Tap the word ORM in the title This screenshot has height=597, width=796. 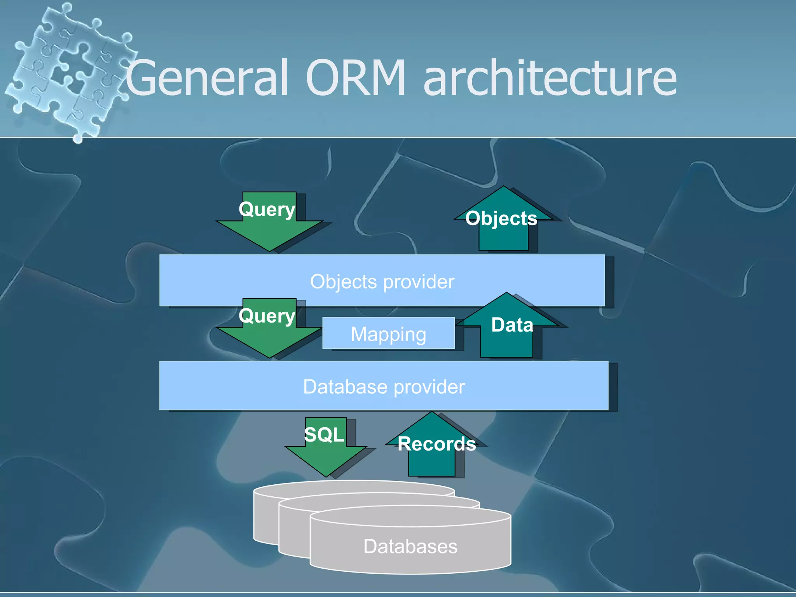355,78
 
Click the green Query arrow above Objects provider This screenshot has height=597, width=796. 269,229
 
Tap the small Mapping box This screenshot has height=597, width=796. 388,333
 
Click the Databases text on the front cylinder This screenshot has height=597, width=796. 410,546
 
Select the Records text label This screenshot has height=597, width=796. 436,444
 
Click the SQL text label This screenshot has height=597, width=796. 324,434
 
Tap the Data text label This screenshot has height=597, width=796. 512,325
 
